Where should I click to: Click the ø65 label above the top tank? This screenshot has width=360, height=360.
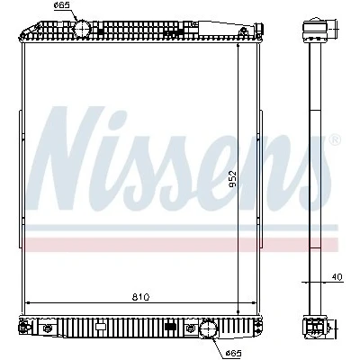click(x=61, y=5)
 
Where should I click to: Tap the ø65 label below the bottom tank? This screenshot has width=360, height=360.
click(x=234, y=353)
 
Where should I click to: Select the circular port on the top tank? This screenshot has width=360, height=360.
click(x=82, y=29)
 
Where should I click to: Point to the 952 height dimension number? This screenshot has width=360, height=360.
click(x=232, y=179)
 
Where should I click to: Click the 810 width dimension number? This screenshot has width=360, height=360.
click(x=140, y=297)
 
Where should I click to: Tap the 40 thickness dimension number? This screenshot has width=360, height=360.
click(x=337, y=277)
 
